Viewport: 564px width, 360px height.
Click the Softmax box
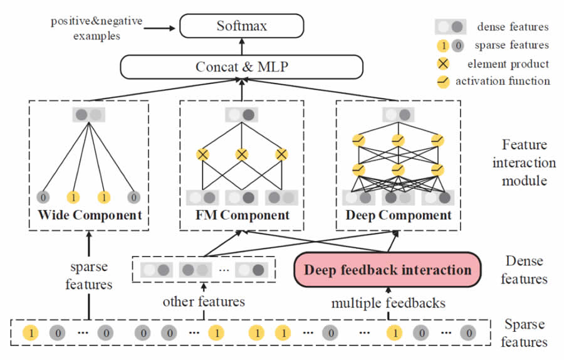tap(241, 26)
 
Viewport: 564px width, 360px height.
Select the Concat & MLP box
tap(241, 66)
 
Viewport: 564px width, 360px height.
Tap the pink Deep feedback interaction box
tap(387, 270)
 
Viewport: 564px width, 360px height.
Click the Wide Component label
tap(90, 215)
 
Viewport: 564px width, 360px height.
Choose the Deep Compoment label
tap(398, 215)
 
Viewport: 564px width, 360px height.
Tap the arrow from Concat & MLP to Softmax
tap(241, 47)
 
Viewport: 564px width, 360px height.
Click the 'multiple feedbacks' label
tap(388, 303)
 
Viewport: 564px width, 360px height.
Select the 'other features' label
tap(204, 302)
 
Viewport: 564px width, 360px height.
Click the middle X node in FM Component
tap(242, 154)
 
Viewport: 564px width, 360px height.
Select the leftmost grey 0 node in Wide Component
tap(43, 197)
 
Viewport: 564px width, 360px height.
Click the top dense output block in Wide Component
tap(89, 115)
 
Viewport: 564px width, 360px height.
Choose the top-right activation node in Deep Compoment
tap(437, 140)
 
